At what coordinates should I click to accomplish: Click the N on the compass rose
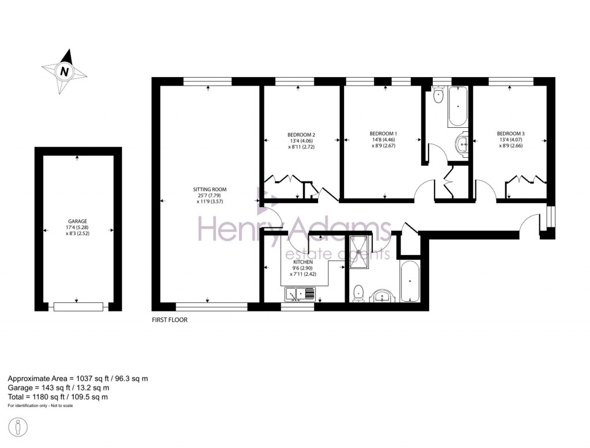[x=65, y=72]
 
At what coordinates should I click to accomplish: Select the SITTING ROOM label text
[x=210, y=189]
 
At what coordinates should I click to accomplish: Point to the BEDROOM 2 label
[x=301, y=134]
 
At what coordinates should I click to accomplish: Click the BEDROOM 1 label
[x=383, y=134]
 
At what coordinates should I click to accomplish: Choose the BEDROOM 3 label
[x=510, y=134]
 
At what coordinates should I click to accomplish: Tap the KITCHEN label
[x=303, y=262]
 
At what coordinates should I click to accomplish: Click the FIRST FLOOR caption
[x=169, y=320]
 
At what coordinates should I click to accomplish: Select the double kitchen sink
[x=300, y=295]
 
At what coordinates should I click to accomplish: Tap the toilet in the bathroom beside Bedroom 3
[x=438, y=96]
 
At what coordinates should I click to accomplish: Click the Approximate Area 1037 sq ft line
[x=78, y=378]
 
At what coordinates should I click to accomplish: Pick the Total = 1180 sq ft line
[x=58, y=397]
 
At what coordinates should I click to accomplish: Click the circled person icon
[x=18, y=428]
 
